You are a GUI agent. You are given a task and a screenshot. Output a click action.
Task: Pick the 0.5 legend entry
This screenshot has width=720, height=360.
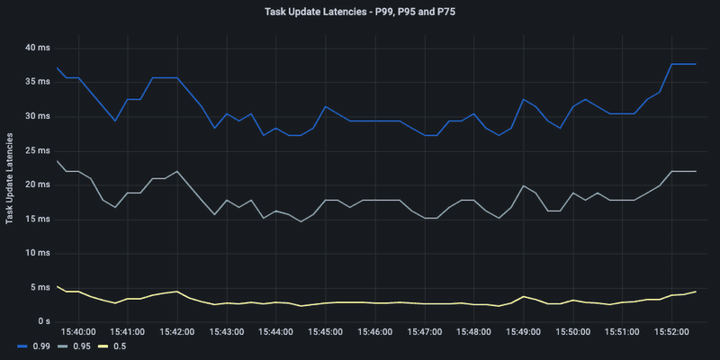click(x=120, y=346)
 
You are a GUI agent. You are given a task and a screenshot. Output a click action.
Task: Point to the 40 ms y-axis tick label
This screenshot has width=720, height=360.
click(x=39, y=48)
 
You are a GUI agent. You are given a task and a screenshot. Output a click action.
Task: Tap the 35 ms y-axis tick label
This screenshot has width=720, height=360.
click(x=39, y=82)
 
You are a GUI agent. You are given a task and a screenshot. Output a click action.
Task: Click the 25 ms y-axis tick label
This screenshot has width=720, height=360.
click(x=39, y=150)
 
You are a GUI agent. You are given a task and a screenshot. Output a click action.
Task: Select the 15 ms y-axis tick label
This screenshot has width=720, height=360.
click(x=39, y=219)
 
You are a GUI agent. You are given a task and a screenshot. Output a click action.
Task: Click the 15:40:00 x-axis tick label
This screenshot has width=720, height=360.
click(x=78, y=332)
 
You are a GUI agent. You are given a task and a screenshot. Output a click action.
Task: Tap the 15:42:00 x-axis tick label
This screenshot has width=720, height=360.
click(x=177, y=332)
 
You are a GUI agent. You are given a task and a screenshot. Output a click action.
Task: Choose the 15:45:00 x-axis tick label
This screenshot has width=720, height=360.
click(x=325, y=332)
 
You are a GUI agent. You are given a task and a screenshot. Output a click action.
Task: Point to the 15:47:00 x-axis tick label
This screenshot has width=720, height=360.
click(x=424, y=332)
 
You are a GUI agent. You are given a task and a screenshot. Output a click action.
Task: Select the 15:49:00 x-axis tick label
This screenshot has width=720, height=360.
click(x=523, y=332)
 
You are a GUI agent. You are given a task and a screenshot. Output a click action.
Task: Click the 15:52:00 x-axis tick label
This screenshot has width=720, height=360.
click(x=670, y=332)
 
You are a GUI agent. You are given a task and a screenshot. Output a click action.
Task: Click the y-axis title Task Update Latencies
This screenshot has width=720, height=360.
click(x=10, y=180)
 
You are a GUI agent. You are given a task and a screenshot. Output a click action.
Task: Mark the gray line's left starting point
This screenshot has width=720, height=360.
click(x=57, y=160)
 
